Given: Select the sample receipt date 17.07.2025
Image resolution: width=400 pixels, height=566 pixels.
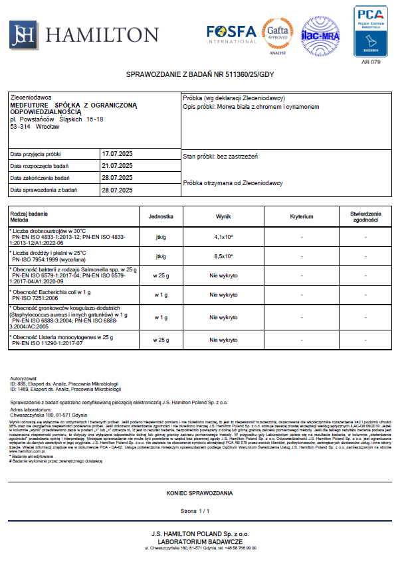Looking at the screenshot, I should (x=117, y=153).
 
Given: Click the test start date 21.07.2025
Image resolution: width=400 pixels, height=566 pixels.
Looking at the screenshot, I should (x=117, y=165).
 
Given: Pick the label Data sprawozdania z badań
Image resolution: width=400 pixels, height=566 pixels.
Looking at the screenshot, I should (x=44, y=190).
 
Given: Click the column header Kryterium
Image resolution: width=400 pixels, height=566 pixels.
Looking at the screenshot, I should (x=302, y=216).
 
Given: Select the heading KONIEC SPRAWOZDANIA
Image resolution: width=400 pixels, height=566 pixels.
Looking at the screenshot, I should (x=199, y=494).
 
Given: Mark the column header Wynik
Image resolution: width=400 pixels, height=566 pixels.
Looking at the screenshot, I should (x=223, y=216).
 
